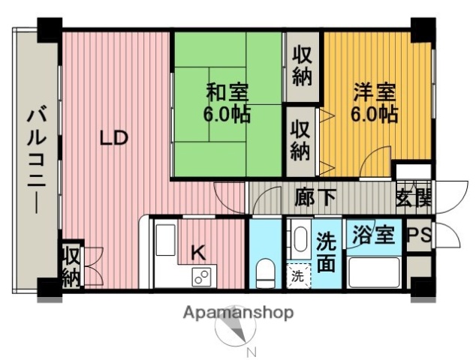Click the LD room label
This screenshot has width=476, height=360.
(115, 139)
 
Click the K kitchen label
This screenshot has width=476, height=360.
(197, 253)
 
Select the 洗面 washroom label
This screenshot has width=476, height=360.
(327, 252)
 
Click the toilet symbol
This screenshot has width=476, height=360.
(266, 272)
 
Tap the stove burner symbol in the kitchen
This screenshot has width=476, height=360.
(201, 277)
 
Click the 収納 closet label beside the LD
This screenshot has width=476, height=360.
(71, 266)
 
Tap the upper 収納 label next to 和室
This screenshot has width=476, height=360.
(302, 66)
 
